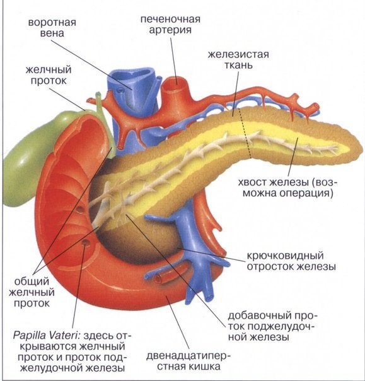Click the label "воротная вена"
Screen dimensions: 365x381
(x=52, y=28)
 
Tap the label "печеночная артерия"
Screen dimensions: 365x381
(x=170, y=25)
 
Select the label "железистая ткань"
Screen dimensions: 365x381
(x=238, y=59)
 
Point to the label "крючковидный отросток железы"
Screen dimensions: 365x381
(x=291, y=261)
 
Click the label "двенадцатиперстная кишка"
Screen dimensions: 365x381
(x=188, y=361)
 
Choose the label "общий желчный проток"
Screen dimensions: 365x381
(x=32, y=292)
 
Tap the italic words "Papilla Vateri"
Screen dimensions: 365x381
(x=46, y=336)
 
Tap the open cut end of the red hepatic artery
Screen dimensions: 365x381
(x=177, y=84)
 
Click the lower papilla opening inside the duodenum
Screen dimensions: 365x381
(x=84, y=242)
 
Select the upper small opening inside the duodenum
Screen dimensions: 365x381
(x=79, y=209)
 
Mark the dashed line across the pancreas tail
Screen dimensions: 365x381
(x=246, y=133)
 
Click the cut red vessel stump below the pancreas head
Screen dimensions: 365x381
(x=158, y=278)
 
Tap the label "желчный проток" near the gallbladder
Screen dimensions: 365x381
(x=49, y=75)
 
